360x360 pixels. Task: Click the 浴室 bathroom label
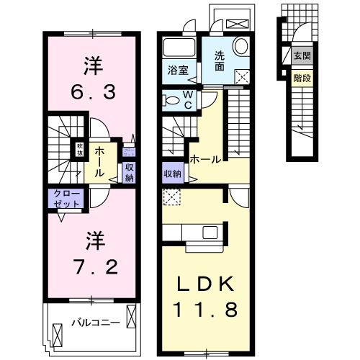[178, 71]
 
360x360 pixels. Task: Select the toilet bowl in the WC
[171, 99]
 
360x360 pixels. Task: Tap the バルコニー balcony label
[95, 322]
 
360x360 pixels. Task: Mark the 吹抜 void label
[81, 150]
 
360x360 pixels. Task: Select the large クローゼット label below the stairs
[65, 198]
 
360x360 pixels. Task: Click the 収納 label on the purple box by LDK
[171, 174]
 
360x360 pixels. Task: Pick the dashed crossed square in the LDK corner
[171, 196]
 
